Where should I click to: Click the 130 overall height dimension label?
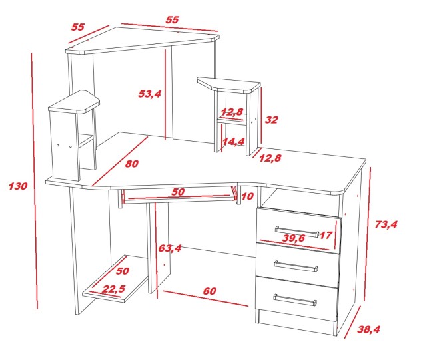point(18,186)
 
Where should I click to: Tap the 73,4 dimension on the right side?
point(386,224)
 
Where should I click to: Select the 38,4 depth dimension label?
point(368,329)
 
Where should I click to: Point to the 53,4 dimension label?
point(149,94)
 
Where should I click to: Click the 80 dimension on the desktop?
point(132,164)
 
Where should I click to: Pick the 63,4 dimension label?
point(170,248)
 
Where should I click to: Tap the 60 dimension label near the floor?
point(210,291)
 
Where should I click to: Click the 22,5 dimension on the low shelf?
point(113,289)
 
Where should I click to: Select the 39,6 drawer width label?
point(294,238)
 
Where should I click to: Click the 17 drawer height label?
point(326,236)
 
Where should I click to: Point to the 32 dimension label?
point(271,120)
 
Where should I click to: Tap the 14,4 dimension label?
point(233,142)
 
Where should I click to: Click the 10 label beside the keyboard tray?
point(247,196)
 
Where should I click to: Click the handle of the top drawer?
point(297,232)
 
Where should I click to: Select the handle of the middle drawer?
point(296,266)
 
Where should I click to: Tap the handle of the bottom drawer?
point(295,300)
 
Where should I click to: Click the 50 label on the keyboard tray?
point(177,192)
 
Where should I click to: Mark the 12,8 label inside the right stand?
point(232,112)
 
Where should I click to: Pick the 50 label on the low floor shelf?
point(122,271)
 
